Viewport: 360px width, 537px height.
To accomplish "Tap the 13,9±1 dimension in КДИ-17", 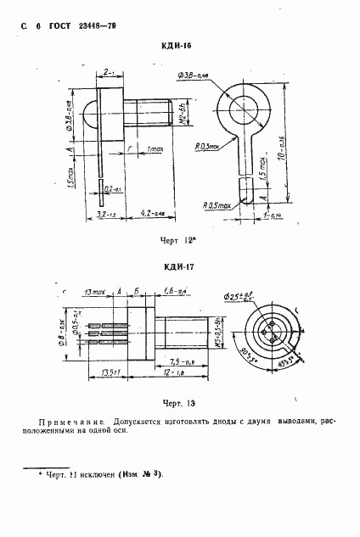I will coord(107,372).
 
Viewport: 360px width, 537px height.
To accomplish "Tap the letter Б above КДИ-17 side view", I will coord(138,291).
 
